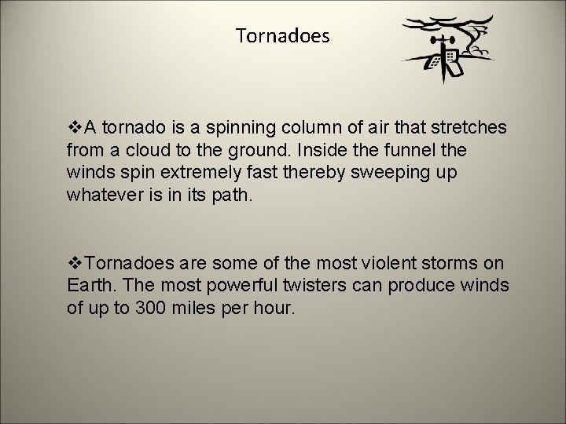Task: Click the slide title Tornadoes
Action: pos(283,35)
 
